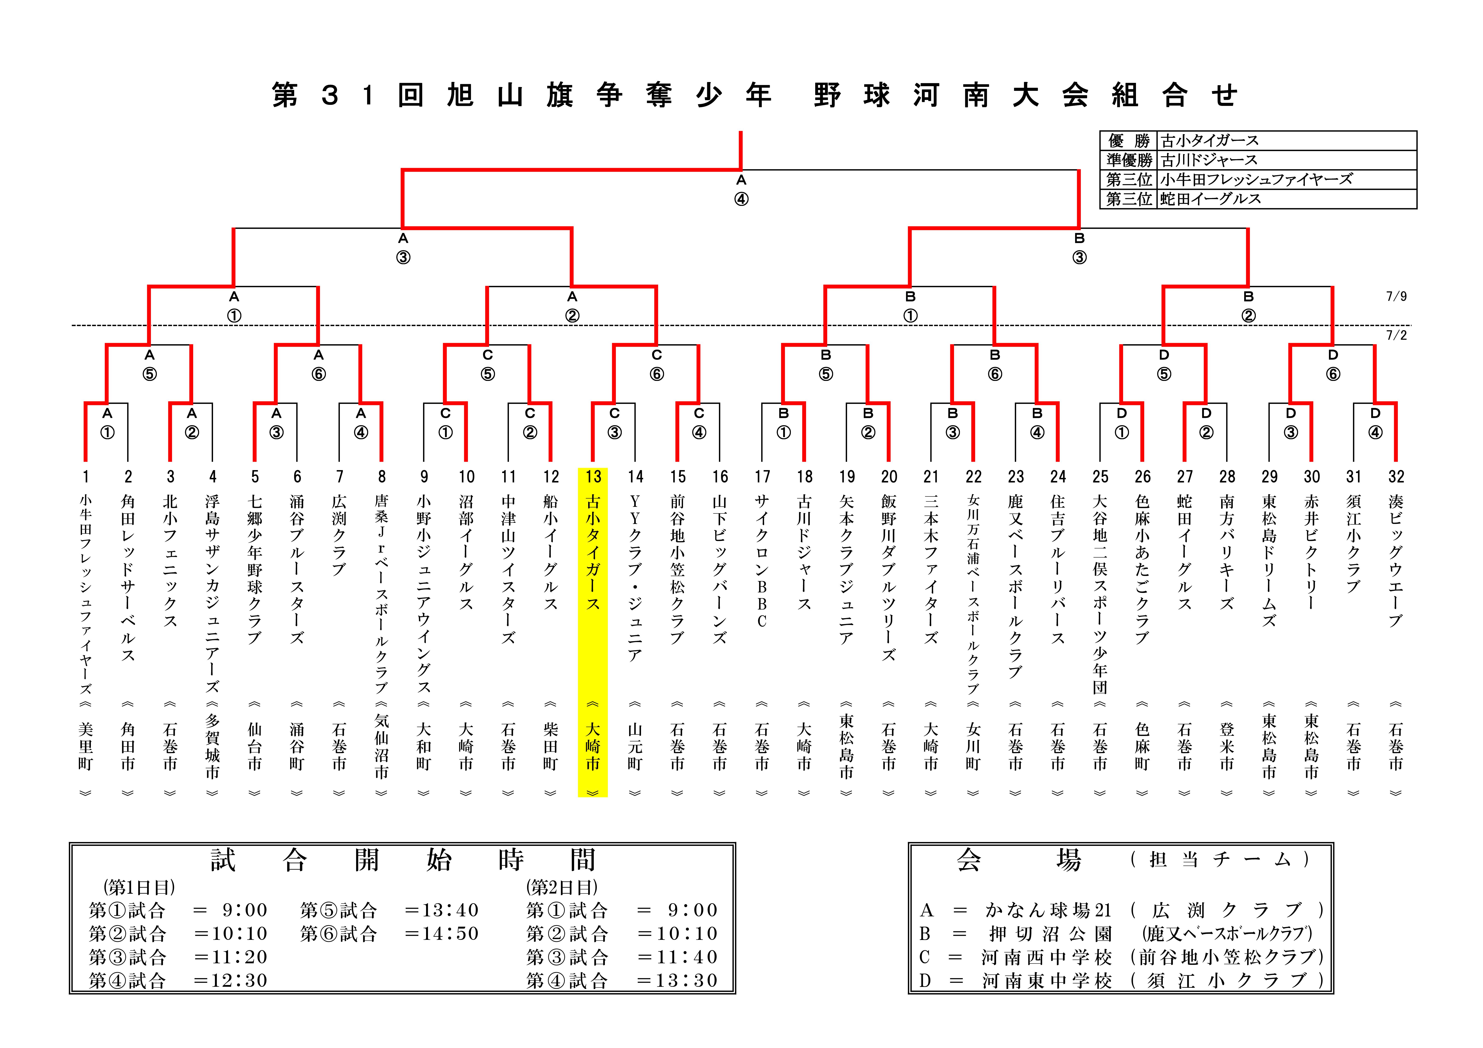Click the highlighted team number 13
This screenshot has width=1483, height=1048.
[593, 477]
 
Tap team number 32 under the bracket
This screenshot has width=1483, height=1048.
[1396, 477]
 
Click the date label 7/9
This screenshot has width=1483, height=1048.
[1396, 297]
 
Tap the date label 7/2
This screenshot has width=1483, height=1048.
[1396, 335]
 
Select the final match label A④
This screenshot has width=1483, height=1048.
[741, 190]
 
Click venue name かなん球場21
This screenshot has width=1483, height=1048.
[1048, 910]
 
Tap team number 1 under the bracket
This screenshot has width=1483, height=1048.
[85, 477]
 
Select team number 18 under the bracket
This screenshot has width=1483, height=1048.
[804, 477]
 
